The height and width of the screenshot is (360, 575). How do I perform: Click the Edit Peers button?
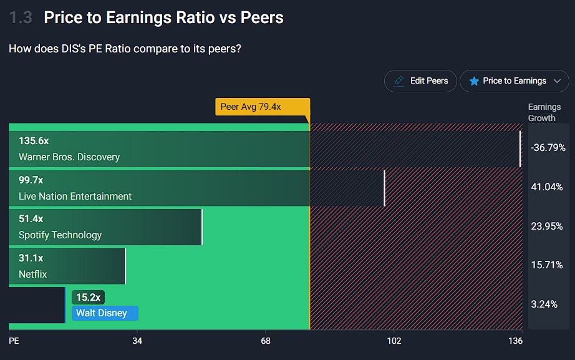[420, 81]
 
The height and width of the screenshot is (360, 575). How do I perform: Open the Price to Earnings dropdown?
[515, 81]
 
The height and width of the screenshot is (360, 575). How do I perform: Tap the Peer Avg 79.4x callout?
[262, 107]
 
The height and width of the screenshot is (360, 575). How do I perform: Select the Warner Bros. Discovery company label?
[69, 157]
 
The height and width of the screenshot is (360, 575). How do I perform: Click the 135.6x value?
[34, 141]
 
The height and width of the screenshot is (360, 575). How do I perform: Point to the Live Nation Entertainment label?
[75, 197]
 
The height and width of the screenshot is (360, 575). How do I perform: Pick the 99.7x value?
[31, 180]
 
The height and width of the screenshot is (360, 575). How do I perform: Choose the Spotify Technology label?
[60, 235]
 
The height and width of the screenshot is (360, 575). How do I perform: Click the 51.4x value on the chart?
[31, 219]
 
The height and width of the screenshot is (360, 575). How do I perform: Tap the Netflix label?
[33, 275]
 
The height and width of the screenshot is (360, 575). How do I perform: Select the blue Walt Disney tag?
[105, 313]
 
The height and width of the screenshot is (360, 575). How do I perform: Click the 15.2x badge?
[88, 298]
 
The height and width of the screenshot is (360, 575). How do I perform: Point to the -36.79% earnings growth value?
[548, 148]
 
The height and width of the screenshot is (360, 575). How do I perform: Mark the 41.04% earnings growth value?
[547, 187]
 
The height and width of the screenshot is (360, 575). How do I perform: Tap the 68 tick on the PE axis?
[266, 341]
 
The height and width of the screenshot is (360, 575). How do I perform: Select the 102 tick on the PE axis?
[394, 341]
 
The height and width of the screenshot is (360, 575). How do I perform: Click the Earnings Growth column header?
[544, 112]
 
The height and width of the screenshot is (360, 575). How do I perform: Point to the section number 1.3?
[21, 17]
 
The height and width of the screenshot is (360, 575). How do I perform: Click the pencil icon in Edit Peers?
[399, 81]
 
